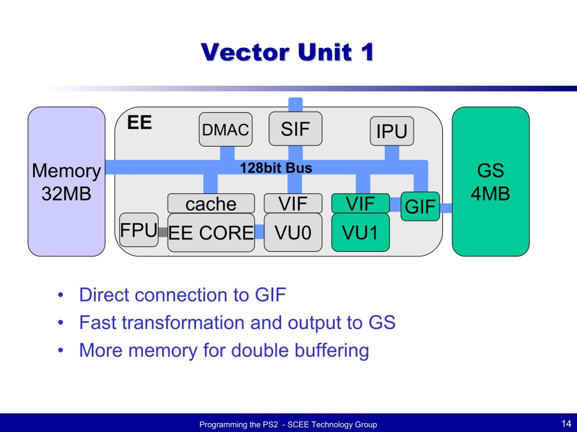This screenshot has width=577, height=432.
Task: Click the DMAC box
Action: [x=226, y=129]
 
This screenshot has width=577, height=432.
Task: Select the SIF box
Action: [x=295, y=129]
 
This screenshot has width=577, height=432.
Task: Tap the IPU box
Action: [x=392, y=131]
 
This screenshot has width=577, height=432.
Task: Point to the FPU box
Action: [x=139, y=230]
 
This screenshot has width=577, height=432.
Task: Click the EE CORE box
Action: [x=211, y=233]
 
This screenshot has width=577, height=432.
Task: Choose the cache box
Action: [x=211, y=203]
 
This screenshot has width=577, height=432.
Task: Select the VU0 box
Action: [x=293, y=232]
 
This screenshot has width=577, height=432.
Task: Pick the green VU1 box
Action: [x=360, y=232]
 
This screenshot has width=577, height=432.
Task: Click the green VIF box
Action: [x=360, y=203]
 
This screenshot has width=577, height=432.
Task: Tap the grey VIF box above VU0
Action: [x=293, y=203]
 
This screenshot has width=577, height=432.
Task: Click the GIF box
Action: [x=420, y=207]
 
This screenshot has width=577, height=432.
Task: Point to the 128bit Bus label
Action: [x=276, y=168]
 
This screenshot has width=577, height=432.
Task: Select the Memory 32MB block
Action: [x=66, y=182]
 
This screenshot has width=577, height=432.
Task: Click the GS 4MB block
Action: [x=491, y=182]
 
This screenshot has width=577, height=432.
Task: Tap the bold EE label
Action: [x=140, y=122]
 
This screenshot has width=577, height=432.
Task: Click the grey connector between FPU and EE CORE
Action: [x=163, y=232]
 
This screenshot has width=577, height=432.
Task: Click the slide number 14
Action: [x=566, y=424]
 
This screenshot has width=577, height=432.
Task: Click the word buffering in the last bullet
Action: [x=332, y=351]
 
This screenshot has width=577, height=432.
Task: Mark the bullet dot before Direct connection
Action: [x=60, y=295]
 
